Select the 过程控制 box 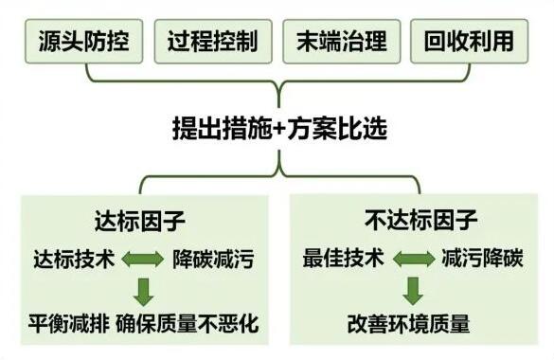(212, 42)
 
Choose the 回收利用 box (469, 42)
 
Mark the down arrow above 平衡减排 (144, 290)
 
